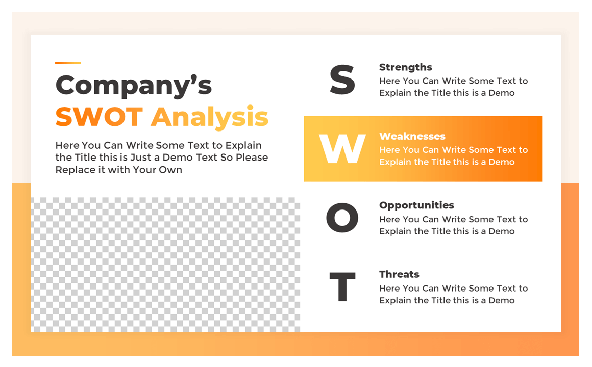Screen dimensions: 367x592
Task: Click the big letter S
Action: (x=342, y=81)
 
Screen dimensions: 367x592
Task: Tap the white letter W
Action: (x=342, y=149)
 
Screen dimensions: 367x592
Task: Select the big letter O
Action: (x=342, y=218)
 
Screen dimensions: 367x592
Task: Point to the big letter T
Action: (x=342, y=287)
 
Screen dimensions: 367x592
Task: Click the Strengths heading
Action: (x=405, y=67)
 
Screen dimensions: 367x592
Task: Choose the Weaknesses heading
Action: (x=412, y=136)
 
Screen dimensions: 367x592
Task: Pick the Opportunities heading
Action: (x=416, y=205)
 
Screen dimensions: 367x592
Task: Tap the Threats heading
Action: (x=399, y=274)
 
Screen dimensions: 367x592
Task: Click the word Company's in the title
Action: (x=133, y=85)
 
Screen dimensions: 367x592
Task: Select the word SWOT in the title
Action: (x=99, y=117)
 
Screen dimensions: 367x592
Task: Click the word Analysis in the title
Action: (x=210, y=117)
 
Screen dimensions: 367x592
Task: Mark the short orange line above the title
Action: (x=68, y=63)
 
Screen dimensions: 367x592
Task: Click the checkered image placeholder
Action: (x=166, y=265)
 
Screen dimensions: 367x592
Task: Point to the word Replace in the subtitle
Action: (x=74, y=170)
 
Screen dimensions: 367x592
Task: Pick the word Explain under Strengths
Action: (x=396, y=93)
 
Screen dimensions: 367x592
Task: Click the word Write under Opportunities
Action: (x=456, y=219)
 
